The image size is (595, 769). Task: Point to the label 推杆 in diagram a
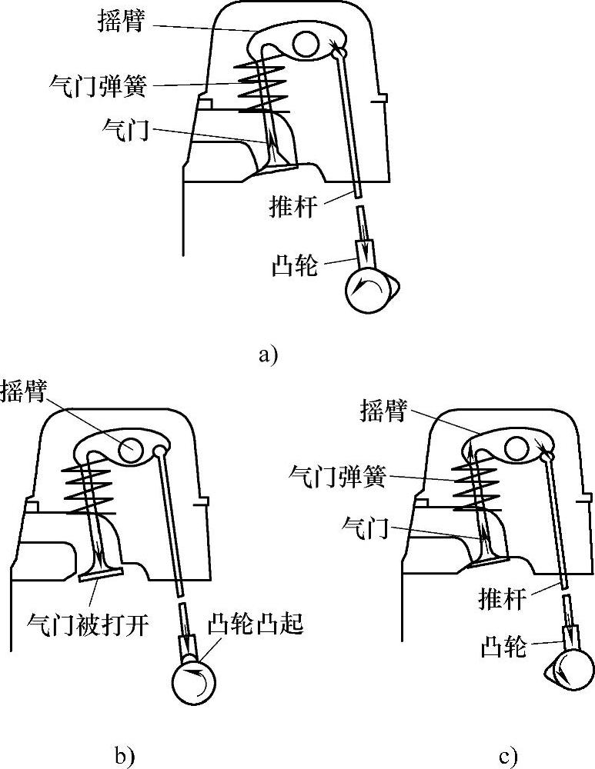coord(292,206)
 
